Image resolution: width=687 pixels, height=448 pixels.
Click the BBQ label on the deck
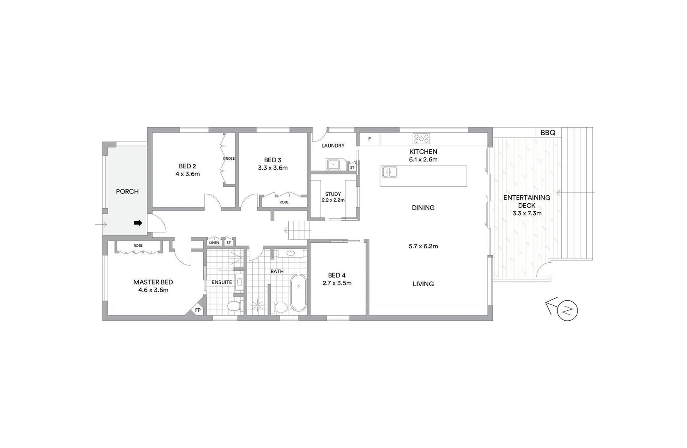coord(548,133)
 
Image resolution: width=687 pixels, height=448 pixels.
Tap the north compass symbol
coord(568,310)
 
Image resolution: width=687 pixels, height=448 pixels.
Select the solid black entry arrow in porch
coord(138,223)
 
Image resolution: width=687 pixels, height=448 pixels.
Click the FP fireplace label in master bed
coord(198,310)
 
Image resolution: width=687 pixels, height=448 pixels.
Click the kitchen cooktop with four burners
coord(421,139)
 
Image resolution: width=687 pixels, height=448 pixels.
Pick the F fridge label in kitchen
coord(370,139)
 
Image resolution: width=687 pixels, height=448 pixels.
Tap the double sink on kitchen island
coord(390,172)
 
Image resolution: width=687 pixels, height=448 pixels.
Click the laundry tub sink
coord(334,165)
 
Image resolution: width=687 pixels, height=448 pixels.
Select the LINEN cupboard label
coord(214,243)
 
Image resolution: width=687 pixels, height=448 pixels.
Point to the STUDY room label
coord(333,194)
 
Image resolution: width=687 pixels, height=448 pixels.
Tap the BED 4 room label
coord(336,275)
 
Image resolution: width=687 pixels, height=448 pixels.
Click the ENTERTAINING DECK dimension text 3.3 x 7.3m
coord(527,214)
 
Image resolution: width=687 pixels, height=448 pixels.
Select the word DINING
coord(423,208)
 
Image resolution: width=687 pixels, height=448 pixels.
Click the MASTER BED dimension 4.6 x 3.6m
coord(153,290)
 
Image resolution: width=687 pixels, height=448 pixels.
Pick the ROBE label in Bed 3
coord(284,202)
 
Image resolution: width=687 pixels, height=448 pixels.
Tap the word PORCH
coord(127,192)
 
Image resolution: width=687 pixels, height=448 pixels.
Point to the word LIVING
coord(423,284)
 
